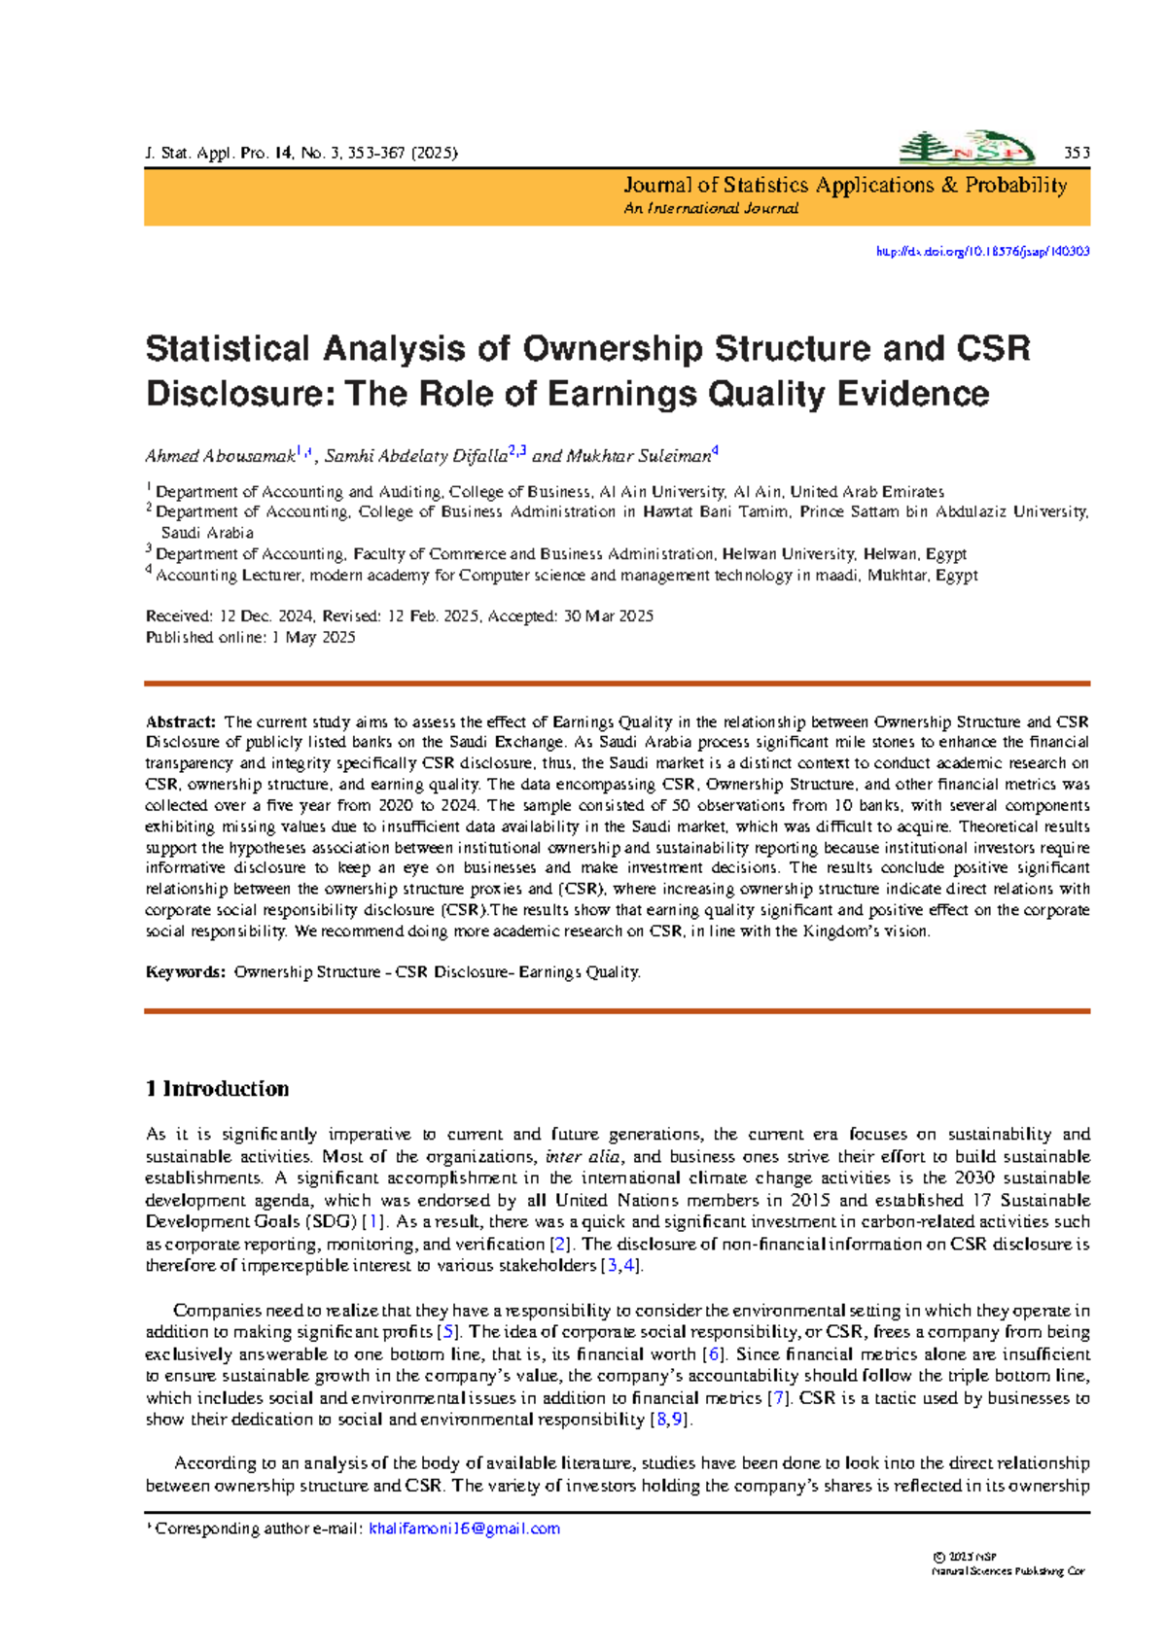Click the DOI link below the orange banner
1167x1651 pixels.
coord(982,251)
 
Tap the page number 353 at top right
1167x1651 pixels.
coord(1077,153)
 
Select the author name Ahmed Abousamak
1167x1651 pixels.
coord(220,456)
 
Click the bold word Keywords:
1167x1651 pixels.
coord(185,972)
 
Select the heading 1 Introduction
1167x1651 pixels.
coord(217,1089)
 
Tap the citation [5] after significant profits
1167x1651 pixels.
coord(448,1332)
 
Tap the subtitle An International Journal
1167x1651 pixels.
coord(711,209)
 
